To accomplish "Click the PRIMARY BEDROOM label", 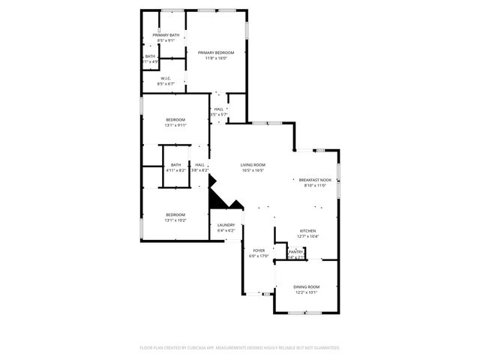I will (x=216, y=52).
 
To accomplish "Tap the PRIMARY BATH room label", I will (x=166, y=35).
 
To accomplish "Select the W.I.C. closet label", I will (x=166, y=78).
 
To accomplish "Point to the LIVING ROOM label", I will (x=253, y=165).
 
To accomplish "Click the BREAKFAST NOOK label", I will (x=314, y=180).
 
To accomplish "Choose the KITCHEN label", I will (x=307, y=231).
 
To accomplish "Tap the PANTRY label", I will (x=295, y=252).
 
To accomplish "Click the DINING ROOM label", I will (x=306, y=286).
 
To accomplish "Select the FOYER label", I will (x=259, y=250).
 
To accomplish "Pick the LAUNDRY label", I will (x=226, y=225).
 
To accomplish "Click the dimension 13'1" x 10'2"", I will (x=175, y=220).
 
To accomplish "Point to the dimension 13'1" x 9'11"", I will (x=175, y=125).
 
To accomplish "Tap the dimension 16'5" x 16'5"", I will (x=253, y=170).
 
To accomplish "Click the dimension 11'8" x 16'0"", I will (x=216, y=58).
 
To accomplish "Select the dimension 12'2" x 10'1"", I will (x=306, y=292).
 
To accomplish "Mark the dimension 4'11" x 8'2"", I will (x=175, y=170).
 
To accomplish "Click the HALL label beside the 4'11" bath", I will (x=199, y=165).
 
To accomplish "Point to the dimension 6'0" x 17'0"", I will (x=259, y=256).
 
